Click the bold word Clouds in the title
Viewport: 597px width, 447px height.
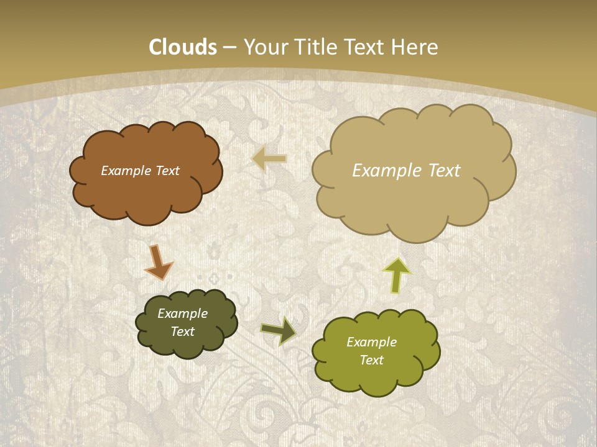pyautogui.click(x=183, y=47)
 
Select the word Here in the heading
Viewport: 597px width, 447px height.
pyautogui.click(x=415, y=47)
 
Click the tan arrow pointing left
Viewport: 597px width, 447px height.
pyautogui.click(x=270, y=159)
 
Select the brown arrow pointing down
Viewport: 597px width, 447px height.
pyautogui.click(x=158, y=261)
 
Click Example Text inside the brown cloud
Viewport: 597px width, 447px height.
pyautogui.click(x=140, y=171)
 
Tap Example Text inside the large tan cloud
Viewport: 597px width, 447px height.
pyautogui.click(x=406, y=171)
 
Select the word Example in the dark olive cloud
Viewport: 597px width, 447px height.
pyautogui.click(x=182, y=314)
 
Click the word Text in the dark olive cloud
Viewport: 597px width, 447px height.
pyautogui.click(x=182, y=332)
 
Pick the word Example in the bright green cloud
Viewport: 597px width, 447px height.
pyautogui.click(x=371, y=342)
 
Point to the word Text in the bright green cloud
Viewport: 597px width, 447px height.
pyautogui.click(x=371, y=360)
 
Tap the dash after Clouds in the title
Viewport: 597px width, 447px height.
pyautogui.click(x=230, y=47)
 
